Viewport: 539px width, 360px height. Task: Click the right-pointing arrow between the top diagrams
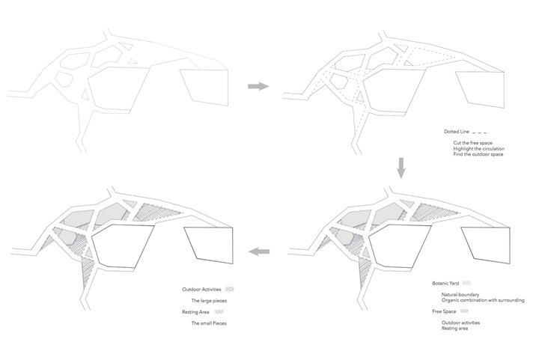click(x=258, y=87)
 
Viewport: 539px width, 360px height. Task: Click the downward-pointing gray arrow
click(x=401, y=168)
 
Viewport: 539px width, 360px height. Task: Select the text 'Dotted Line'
click(x=457, y=131)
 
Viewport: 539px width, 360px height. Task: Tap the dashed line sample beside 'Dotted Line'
click(x=481, y=131)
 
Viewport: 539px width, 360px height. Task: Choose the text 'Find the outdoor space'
click(x=478, y=154)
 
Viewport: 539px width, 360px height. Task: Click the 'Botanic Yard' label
click(x=446, y=284)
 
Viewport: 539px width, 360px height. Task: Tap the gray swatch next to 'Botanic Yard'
click(x=466, y=284)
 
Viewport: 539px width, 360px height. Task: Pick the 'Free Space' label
click(x=444, y=311)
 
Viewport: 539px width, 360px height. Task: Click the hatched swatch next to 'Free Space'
click(x=463, y=311)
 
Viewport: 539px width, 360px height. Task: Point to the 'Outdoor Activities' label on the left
click(x=202, y=290)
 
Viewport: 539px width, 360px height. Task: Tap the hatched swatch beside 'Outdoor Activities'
click(x=230, y=290)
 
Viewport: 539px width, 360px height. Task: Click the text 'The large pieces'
click(x=209, y=301)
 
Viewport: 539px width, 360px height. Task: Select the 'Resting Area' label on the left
click(x=195, y=311)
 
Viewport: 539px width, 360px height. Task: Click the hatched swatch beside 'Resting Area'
click(x=219, y=311)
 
